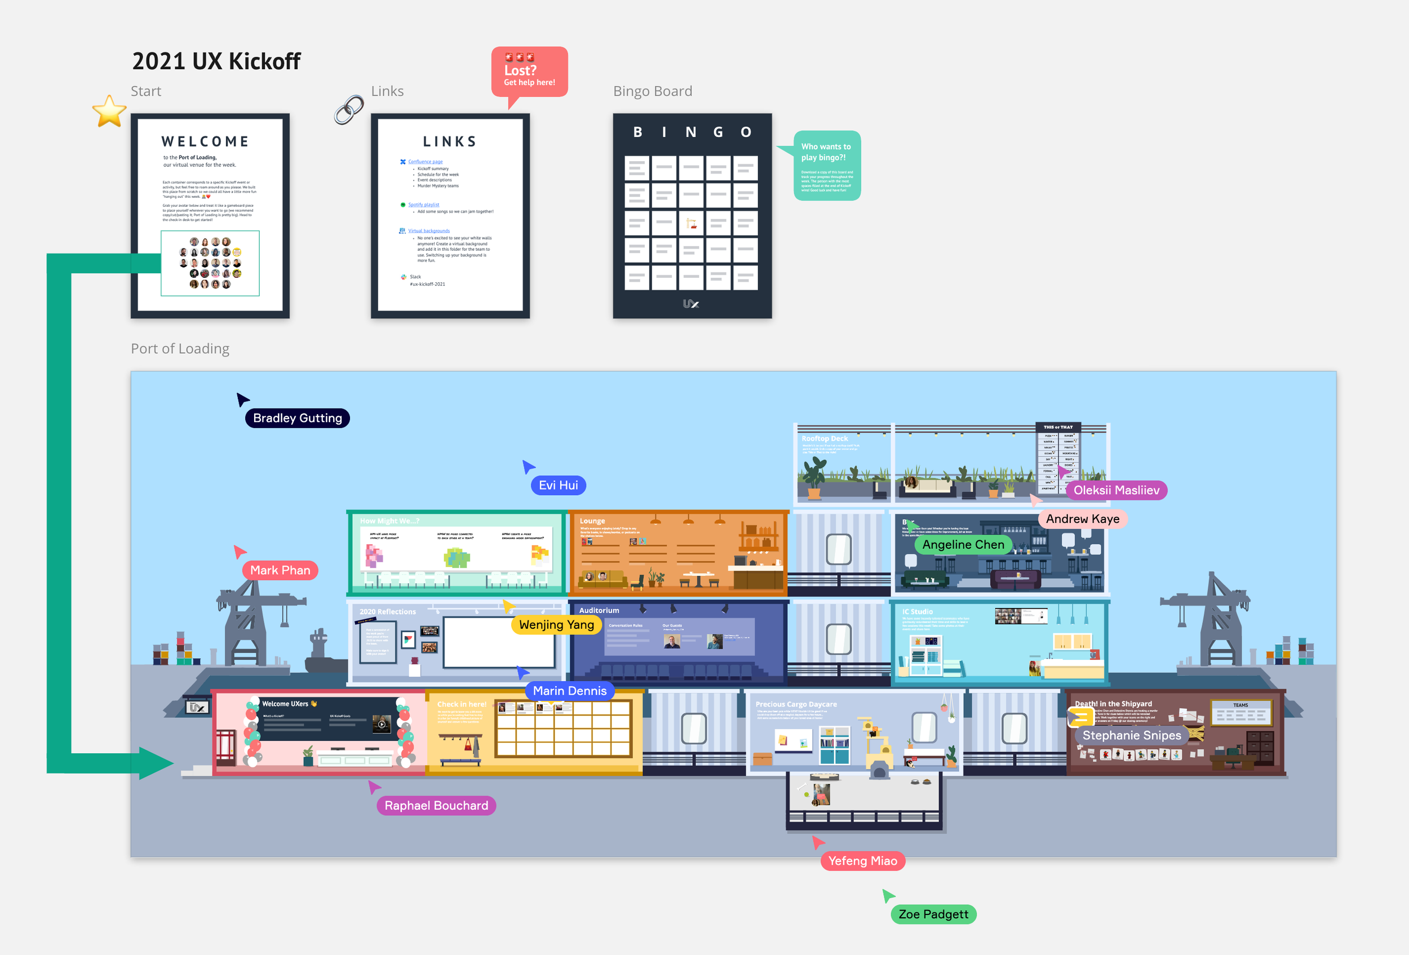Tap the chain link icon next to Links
[349, 110]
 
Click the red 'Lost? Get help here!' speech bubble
[529, 72]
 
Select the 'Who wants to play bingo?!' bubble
[826, 165]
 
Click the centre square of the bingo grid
[690, 223]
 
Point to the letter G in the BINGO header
[718, 132]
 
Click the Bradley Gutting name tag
[297, 418]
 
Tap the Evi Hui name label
[558, 485]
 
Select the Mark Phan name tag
[280, 570]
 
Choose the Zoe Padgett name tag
[933, 914]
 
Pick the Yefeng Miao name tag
[862, 861]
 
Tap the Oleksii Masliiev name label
[1116, 490]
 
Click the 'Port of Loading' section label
[180, 348]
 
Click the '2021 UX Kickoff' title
[216, 61]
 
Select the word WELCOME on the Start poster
[205, 142]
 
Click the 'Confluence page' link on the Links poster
[425, 162]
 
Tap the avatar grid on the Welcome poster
[210, 263]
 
